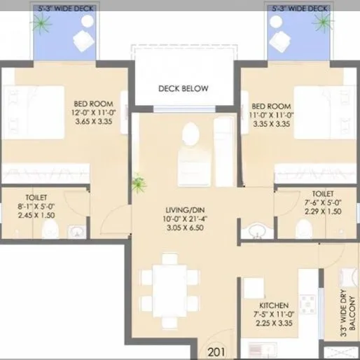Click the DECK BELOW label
pyautogui.click(x=184, y=89)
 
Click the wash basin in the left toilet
pyautogui.click(x=75, y=232)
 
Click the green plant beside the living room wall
pyautogui.click(x=139, y=183)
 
